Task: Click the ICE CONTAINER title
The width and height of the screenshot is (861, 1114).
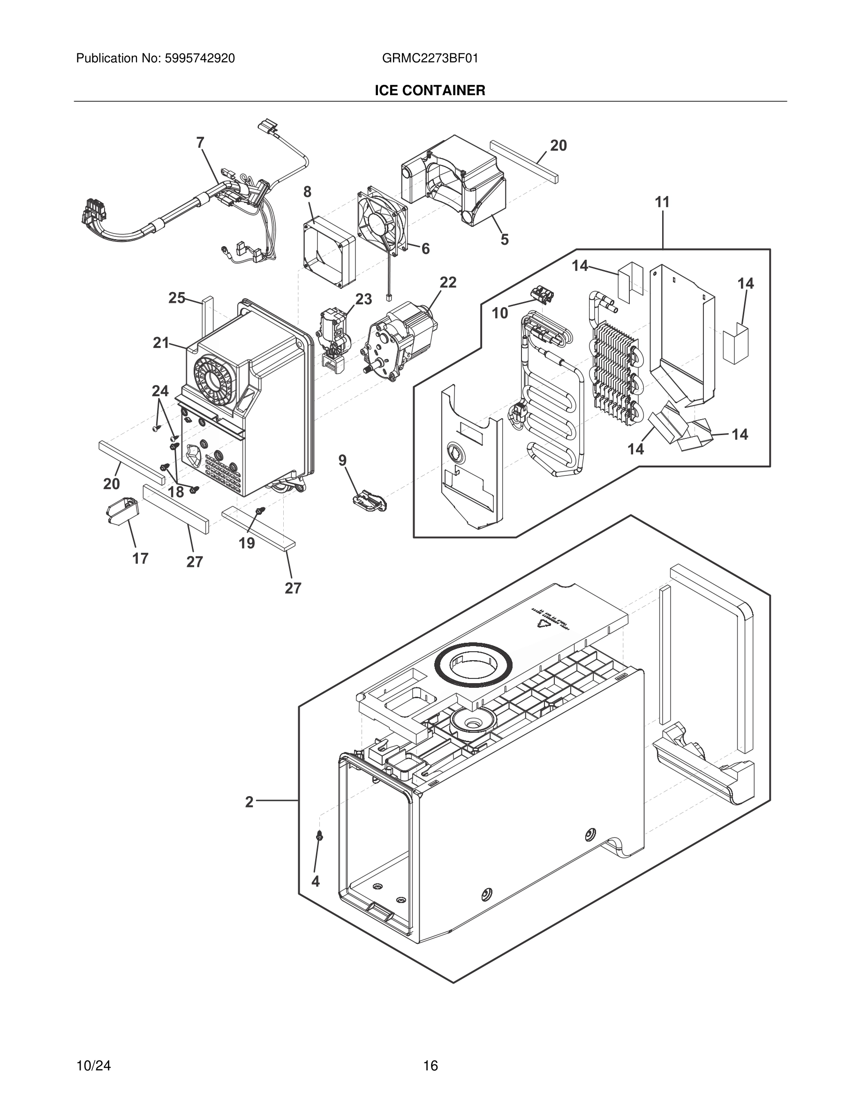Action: pos(430,91)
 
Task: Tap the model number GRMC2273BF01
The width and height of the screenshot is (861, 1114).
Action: pos(430,59)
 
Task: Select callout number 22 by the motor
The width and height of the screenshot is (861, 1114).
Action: pos(448,282)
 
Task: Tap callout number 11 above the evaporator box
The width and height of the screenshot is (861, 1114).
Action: pos(662,203)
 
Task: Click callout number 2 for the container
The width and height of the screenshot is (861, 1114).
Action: pos(249,802)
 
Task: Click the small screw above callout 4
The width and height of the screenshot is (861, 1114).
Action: pos(320,835)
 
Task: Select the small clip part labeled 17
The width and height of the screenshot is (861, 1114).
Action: pos(122,510)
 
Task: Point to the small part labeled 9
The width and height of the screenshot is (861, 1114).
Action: pos(369,498)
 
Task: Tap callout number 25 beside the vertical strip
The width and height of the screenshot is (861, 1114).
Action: pos(177,298)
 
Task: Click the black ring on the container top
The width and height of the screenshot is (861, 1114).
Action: pos(473,665)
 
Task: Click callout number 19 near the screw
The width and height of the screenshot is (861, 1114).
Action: pos(247,543)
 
